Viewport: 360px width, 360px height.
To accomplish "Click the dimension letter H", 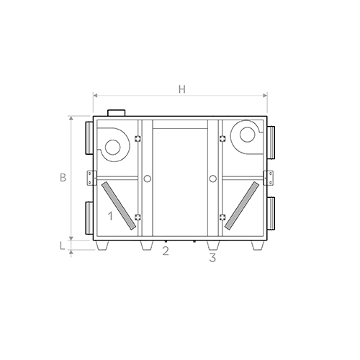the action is (182, 89).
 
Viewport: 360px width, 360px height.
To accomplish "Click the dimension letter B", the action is (63, 178).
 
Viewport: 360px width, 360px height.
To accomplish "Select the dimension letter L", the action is (62, 246).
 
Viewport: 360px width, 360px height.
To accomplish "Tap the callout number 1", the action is (110, 216).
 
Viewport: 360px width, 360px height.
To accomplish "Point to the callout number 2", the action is (166, 251).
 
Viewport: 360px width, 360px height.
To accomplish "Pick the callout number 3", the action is (212, 258).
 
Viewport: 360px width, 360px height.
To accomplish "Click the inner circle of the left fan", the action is (113, 148).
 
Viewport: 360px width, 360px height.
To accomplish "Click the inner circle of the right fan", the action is (247, 135).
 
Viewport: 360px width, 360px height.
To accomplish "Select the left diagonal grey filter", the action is (119, 206).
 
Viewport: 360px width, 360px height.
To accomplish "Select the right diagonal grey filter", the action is (242, 206).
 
